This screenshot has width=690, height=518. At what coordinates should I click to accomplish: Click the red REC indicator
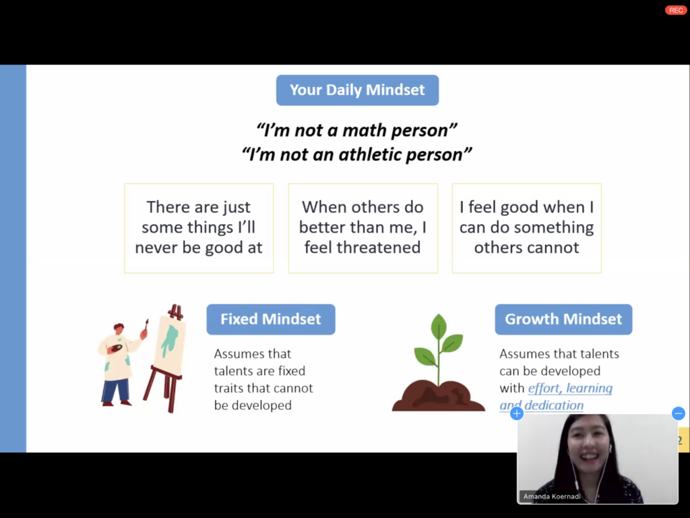point(675,10)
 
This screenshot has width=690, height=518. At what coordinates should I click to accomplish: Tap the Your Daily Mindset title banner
point(357,90)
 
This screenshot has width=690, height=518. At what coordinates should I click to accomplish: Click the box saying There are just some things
point(199,228)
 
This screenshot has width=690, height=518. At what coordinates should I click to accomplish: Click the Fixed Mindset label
point(271,319)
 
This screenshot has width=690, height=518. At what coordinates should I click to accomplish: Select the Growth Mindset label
point(563,319)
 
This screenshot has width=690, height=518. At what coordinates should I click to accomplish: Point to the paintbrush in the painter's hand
point(146,326)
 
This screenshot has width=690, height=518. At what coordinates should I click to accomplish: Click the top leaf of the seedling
point(439,326)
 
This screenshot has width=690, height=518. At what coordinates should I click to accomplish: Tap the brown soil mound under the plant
point(438,396)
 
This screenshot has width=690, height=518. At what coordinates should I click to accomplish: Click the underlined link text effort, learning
point(570,388)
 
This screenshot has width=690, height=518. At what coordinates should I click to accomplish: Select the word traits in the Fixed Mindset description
point(228,388)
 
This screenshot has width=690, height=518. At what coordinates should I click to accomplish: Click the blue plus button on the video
point(517,413)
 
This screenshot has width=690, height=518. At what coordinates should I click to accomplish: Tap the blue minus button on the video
point(678,413)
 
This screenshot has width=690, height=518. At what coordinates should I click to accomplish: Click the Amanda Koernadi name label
point(552,496)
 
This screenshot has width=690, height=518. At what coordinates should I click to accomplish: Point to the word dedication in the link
point(554,405)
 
